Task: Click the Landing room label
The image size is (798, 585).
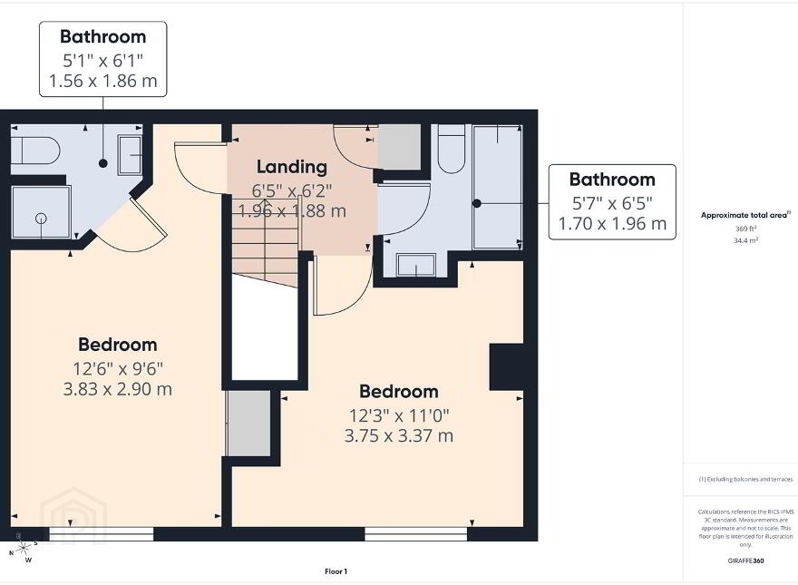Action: [292, 167]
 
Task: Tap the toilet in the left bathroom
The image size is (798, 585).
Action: [35, 151]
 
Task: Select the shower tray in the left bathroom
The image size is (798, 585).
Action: [41, 212]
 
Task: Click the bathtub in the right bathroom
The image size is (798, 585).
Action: [497, 187]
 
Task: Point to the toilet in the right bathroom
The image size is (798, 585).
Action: [452, 149]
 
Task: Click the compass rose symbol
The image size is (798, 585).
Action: [23, 548]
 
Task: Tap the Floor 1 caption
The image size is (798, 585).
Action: [336, 571]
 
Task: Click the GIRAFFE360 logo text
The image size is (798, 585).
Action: [745, 561]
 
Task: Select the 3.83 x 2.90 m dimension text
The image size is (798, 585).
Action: [118, 389]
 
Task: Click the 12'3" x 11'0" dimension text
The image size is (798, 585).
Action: [399, 415]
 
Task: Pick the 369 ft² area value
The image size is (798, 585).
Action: [745, 229]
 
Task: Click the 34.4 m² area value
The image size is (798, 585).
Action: [745, 240]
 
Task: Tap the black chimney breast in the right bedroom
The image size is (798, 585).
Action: [506, 366]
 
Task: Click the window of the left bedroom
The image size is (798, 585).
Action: [102, 533]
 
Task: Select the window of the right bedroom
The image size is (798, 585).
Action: [416, 533]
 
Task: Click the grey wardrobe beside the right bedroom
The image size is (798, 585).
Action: [248, 424]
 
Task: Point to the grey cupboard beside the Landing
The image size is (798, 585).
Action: [400, 147]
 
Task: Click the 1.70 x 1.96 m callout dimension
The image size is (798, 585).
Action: [612, 223]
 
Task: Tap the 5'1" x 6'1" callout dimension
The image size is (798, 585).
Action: [102, 61]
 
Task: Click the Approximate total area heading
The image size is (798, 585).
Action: [745, 215]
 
